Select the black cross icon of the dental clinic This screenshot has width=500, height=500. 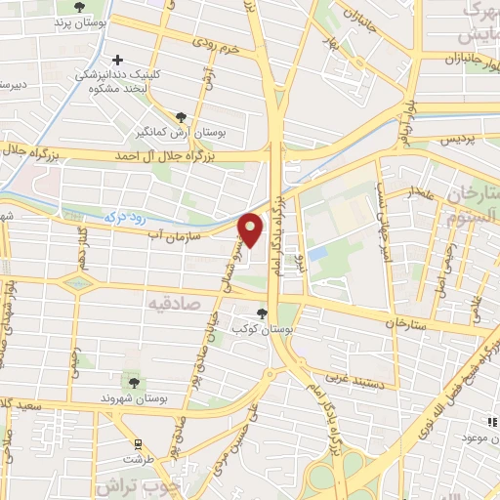click(x=118, y=61)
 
